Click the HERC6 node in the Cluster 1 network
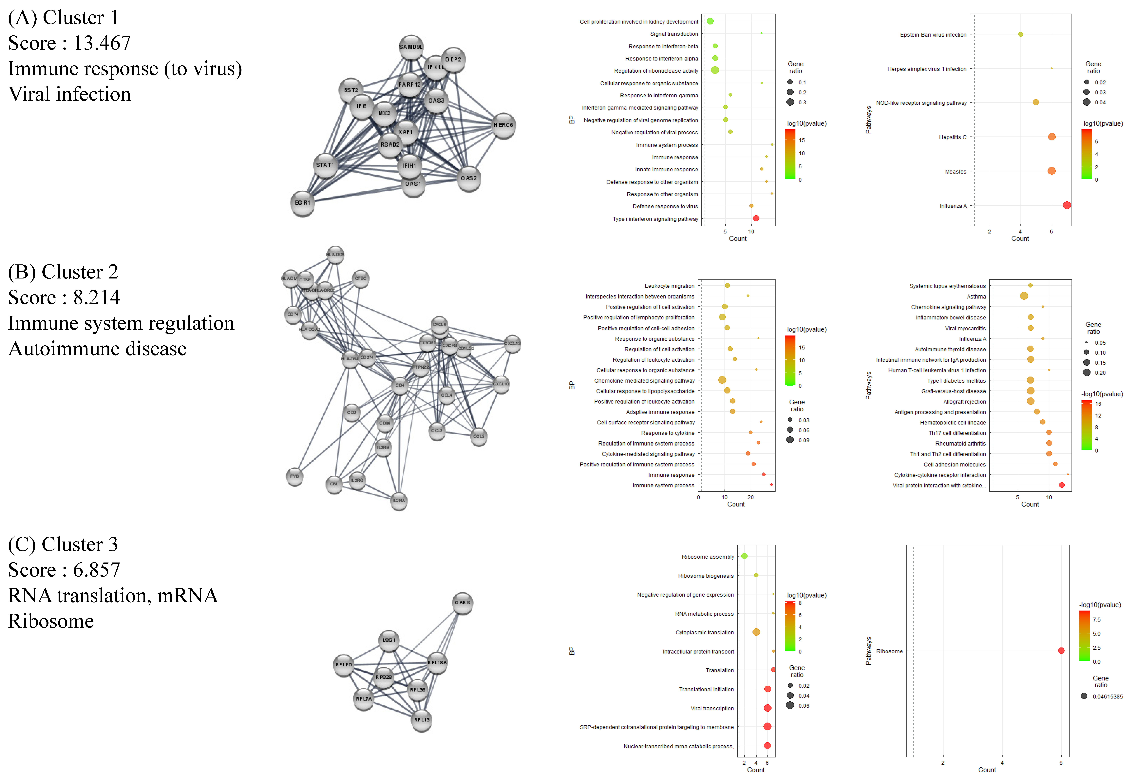pos(503,125)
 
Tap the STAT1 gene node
pos(325,166)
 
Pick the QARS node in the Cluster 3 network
pos(462,603)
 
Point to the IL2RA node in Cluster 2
pos(399,501)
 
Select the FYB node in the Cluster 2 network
pos(294,476)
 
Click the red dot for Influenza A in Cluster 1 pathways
pos(1066,205)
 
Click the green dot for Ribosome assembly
pos(744,556)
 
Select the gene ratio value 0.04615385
pos(1107,696)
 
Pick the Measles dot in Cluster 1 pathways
pos(1051,171)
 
